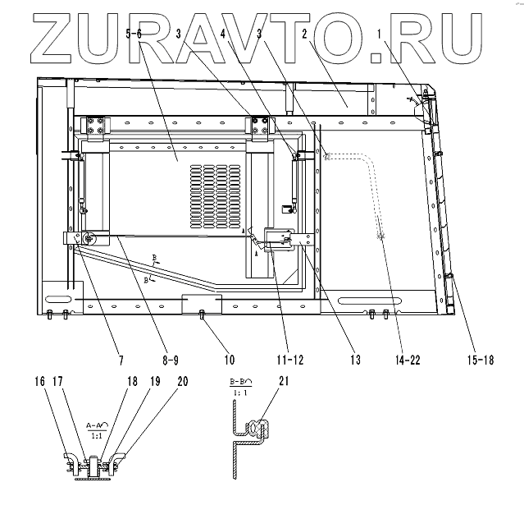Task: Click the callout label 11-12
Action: tap(291, 360)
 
